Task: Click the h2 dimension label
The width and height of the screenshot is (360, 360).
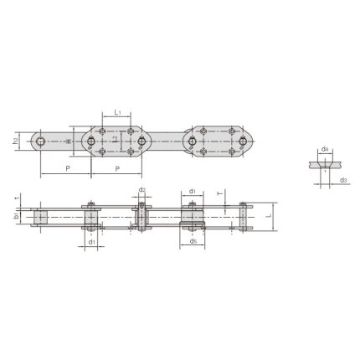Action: tap(17, 142)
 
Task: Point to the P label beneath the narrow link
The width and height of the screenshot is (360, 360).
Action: tap(67, 168)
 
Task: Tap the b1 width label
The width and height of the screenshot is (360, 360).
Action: tap(17, 216)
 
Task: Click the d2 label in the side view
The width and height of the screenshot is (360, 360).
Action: tap(142, 192)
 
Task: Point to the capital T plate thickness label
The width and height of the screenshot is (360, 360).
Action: tap(219, 192)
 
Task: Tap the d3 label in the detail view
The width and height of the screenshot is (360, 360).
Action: tap(343, 178)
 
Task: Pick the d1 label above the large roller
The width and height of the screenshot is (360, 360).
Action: tap(192, 192)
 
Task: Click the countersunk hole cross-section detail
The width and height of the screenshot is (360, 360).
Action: tap(322, 165)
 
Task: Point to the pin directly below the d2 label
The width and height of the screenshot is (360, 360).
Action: tap(142, 216)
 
